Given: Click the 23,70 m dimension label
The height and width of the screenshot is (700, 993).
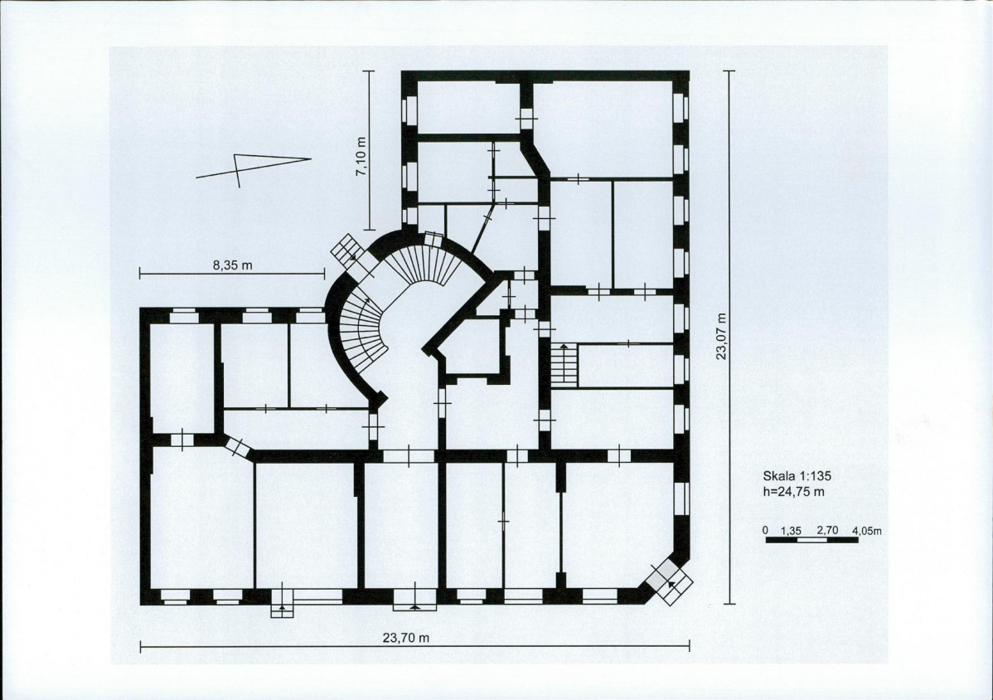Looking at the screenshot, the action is [406, 638].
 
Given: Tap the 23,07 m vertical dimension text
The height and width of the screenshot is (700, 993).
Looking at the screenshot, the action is [721, 337].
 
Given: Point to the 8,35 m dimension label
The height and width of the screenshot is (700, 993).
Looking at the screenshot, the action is [233, 265].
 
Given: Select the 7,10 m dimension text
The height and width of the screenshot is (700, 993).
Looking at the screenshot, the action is [361, 157].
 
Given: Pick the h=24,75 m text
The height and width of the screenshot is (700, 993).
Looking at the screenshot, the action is [793, 492].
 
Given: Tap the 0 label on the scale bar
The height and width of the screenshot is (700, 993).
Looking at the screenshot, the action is [765, 530].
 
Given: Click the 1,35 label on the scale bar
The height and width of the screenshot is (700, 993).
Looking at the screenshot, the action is [792, 530].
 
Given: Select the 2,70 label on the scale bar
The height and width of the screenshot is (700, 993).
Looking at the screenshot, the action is [828, 530].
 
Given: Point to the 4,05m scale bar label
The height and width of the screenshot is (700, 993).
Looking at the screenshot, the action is [867, 530].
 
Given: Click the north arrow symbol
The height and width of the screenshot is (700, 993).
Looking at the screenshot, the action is [254, 168].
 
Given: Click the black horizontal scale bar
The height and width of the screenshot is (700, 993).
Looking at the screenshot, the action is [811, 541].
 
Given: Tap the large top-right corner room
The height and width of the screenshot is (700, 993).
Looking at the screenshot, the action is [603, 129].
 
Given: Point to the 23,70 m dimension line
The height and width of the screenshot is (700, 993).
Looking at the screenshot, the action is [414, 647].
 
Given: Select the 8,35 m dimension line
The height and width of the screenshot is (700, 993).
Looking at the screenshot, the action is [232, 275].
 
